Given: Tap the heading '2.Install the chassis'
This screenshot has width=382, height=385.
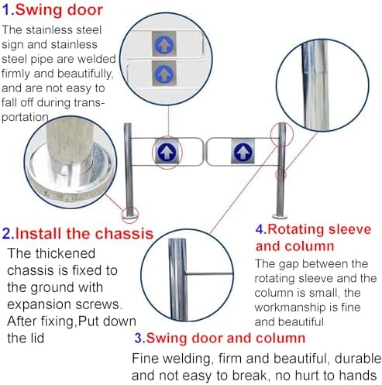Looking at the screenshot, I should [x=77, y=233].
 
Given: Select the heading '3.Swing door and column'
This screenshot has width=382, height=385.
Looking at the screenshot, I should [x=219, y=338].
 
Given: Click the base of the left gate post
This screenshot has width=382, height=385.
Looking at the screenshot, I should [x=131, y=213].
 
